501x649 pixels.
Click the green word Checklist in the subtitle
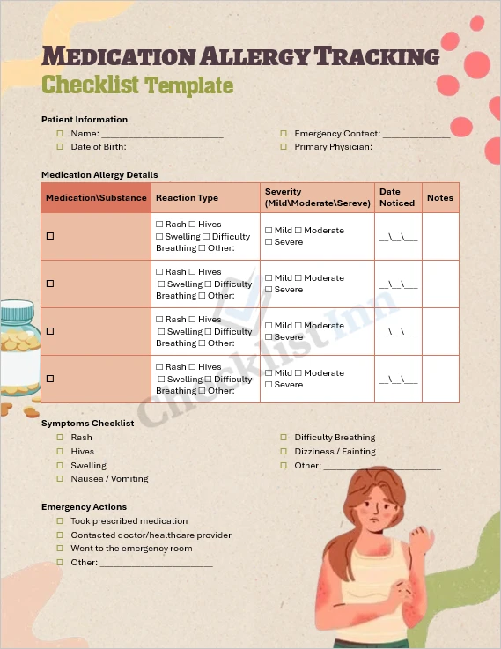coord(92,85)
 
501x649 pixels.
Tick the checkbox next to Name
coord(60,134)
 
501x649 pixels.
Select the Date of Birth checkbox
coord(60,147)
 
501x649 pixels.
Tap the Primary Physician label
coord(333,147)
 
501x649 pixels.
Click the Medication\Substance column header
coord(96,198)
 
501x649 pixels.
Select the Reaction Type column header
coord(187,198)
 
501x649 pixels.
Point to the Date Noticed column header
coord(396,197)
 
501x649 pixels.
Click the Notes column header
coord(440,198)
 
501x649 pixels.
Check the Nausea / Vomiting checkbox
coord(60,479)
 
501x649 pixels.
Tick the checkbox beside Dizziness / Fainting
coord(284,452)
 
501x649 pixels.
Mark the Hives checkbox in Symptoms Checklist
coord(60,452)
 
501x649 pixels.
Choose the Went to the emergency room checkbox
coord(60,549)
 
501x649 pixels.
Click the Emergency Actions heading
coord(84,507)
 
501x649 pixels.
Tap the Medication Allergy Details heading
coord(99,175)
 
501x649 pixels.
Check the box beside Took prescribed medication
coord(60,521)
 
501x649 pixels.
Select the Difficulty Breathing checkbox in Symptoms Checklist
coord(284,438)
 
